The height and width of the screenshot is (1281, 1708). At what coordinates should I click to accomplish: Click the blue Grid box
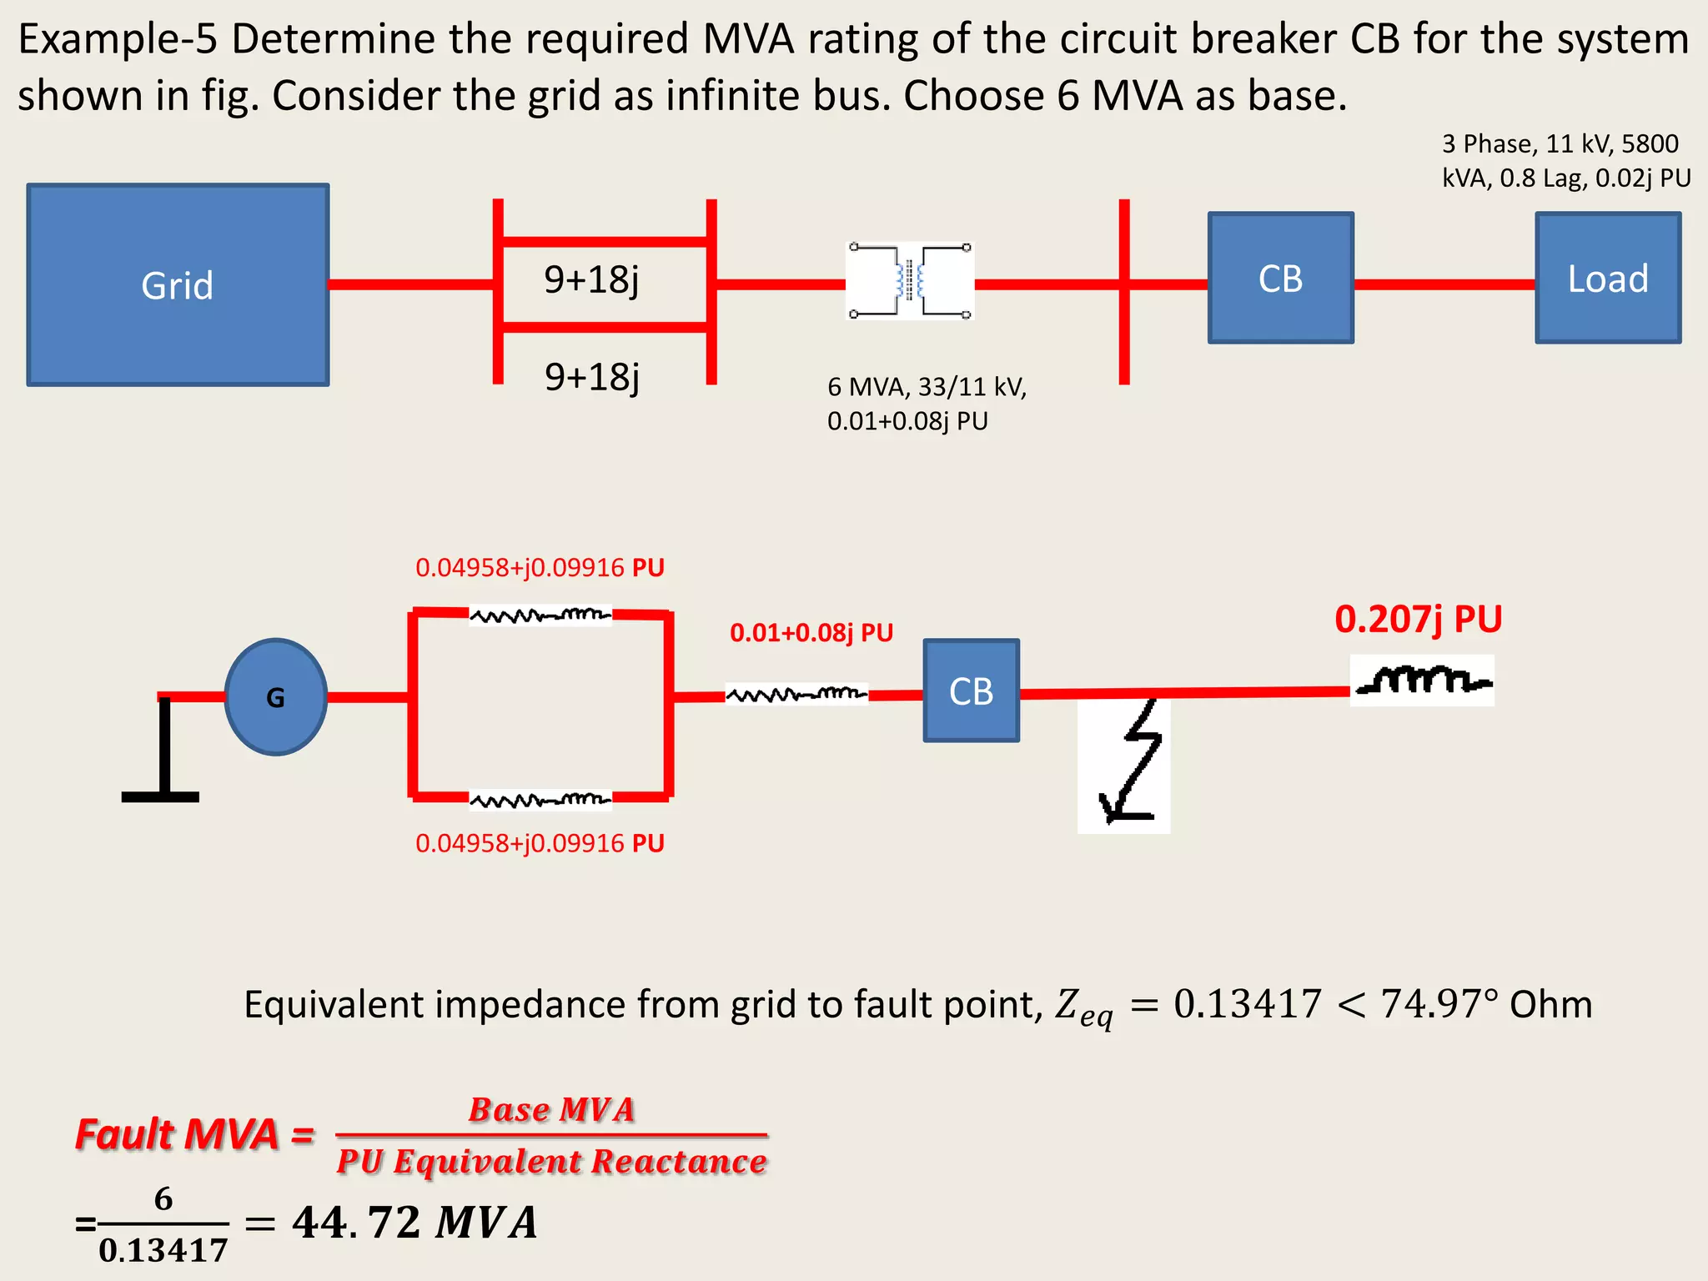pos(178,284)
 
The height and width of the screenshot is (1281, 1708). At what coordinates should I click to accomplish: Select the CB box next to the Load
pos(1280,278)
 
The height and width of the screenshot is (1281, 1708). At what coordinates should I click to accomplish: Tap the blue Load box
pos(1607,278)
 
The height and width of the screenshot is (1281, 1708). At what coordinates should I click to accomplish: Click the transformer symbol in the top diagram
pos(910,280)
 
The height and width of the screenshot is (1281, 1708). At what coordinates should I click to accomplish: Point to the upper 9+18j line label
pos(591,279)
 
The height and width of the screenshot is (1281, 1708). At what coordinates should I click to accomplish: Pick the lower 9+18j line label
pos(591,377)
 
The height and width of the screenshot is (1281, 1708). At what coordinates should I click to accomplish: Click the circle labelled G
pos(275,697)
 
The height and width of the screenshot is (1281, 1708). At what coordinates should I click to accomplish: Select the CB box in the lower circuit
pos(971,691)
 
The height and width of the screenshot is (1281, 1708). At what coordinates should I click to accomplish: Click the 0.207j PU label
pos(1418,620)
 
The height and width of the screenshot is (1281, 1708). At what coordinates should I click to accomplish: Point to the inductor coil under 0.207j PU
pos(1422,681)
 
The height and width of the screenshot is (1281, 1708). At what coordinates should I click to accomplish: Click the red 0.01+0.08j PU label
pos(811,633)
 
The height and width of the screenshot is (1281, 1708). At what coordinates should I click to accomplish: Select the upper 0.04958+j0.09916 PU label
pos(540,568)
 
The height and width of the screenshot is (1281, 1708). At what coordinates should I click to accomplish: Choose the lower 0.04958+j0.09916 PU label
pos(540,843)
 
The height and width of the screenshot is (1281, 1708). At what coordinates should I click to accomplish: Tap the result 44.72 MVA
pos(414,1223)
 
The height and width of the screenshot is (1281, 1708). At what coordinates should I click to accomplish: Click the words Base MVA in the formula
pos(551,1110)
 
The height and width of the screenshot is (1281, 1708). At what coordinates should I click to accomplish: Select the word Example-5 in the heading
pos(118,39)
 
